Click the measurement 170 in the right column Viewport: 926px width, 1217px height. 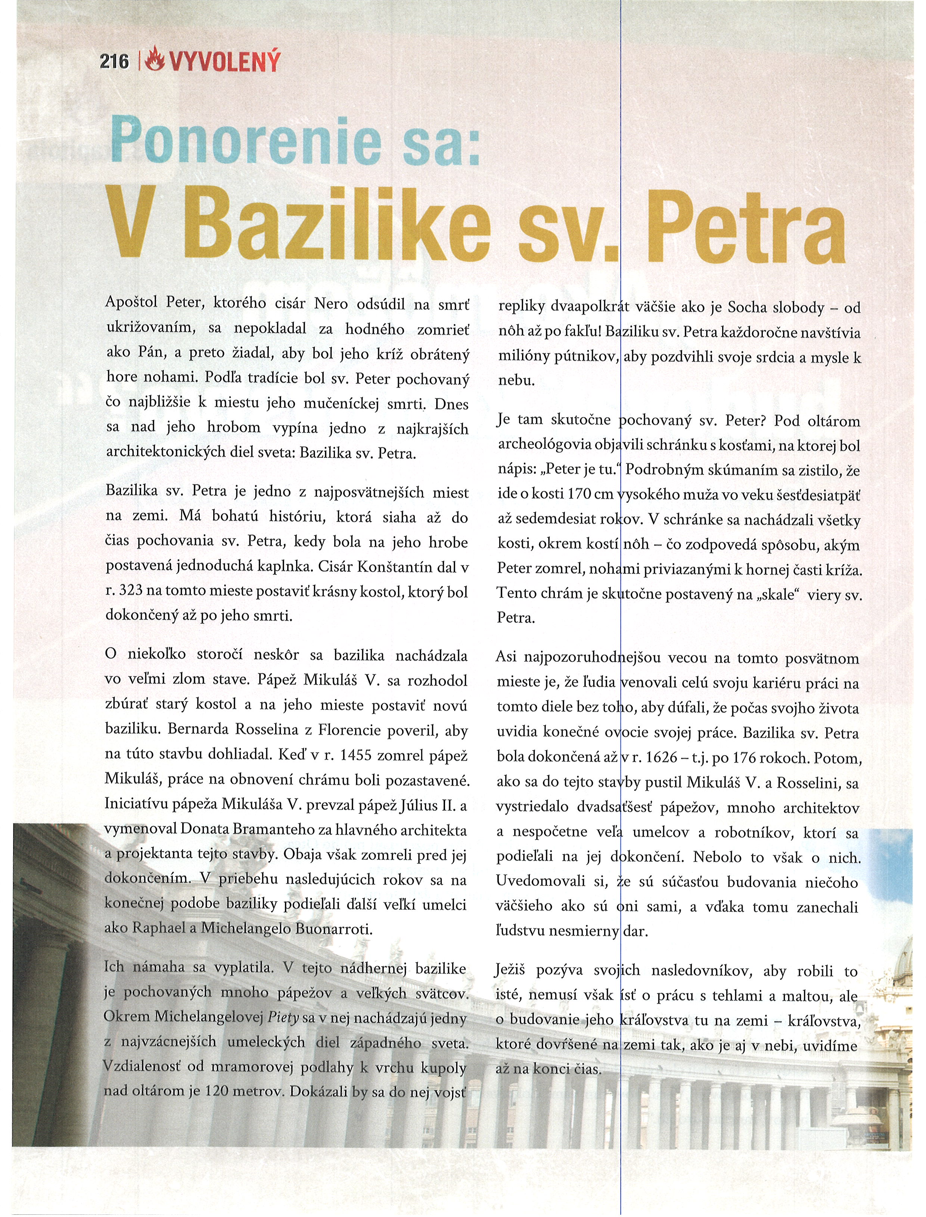579,494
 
